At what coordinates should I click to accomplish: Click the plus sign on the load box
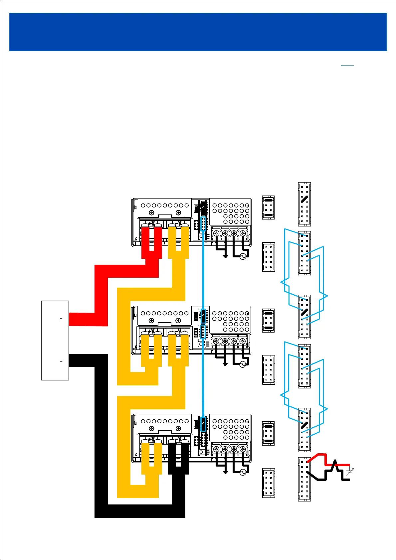pos(61,318)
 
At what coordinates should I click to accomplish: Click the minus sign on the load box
pos(61,361)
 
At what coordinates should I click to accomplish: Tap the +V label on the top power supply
pos(151,223)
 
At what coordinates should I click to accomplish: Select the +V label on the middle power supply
pos(151,331)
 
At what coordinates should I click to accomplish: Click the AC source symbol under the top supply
pos(243,256)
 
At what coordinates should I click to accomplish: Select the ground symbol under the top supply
pos(225,256)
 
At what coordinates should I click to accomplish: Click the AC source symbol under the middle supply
pos(243,364)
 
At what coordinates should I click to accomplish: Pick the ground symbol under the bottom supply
pos(225,472)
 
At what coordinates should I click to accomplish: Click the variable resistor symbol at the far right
pos(349,472)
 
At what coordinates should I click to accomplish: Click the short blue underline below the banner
pos(347,65)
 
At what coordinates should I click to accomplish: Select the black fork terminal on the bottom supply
pos(178,457)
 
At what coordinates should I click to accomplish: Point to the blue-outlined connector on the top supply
pos(203,223)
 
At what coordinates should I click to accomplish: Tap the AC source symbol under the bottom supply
pos(243,473)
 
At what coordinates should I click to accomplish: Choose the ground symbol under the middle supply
pos(225,364)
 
